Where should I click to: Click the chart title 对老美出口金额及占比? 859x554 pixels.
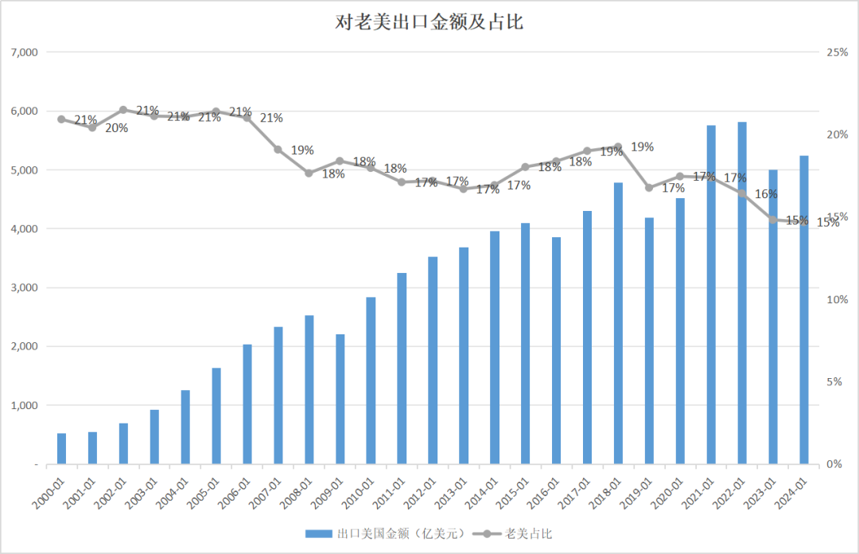(x=429, y=22)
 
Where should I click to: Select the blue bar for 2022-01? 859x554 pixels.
(x=742, y=293)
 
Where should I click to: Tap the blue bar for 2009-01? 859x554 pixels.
(x=340, y=399)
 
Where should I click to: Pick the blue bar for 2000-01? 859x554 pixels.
(x=61, y=449)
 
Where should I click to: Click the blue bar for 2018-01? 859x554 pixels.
(x=618, y=323)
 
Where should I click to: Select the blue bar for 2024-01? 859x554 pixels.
(x=803, y=310)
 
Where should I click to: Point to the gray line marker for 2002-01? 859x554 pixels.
(x=123, y=110)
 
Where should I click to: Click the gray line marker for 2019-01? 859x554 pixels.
(x=649, y=188)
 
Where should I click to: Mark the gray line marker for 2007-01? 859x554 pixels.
(x=278, y=149)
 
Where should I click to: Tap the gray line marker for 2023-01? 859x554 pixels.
(x=773, y=220)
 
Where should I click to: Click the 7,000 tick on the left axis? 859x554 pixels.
(x=24, y=52)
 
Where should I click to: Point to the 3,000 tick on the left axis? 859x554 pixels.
(x=24, y=287)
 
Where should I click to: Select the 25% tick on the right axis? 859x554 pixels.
(x=837, y=52)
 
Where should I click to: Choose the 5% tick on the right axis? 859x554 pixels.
(x=834, y=382)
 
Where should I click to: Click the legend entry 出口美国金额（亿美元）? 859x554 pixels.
(x=385, y=534)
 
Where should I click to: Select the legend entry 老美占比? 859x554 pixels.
(x=511, y=534)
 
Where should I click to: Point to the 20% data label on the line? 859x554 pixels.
(x=116, y=128)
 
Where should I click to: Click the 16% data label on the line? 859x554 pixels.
(x=766, y=194)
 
